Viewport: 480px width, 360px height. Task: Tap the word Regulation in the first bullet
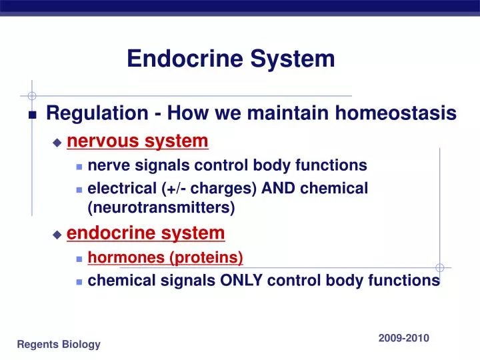97,113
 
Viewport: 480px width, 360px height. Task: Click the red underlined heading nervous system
138,141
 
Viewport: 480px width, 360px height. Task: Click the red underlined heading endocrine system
146,233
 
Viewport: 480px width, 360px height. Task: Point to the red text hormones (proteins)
165,257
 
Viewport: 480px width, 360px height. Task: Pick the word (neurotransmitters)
161,207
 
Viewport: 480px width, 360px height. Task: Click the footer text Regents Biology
59,344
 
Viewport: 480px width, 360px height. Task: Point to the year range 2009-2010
403,338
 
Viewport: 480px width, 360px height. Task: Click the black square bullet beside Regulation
32,115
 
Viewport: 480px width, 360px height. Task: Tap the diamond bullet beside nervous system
57,143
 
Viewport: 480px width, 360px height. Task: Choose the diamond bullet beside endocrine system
57,234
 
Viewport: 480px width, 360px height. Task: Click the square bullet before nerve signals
79,165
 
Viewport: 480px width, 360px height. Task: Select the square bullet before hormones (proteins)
79,258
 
